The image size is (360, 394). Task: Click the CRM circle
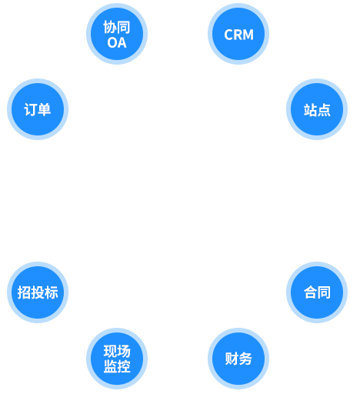[238, 34]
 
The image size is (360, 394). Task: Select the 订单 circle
[38, 109]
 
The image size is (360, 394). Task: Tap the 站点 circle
[317, 109]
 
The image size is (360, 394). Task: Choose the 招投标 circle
[38, 292]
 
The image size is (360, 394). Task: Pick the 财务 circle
[238, 359]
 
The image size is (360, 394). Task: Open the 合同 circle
[317, 292]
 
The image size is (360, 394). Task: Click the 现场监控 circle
[117, 359]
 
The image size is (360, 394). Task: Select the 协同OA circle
[117, 34]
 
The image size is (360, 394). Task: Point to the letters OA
[117, 43]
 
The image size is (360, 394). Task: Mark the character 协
[110, 27]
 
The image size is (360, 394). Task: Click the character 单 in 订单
[45, 110]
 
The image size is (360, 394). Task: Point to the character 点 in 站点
[324, 110]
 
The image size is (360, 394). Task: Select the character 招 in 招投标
[24, 292]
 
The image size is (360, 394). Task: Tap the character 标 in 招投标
[52, 292]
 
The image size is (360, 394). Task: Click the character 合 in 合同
[310, 292]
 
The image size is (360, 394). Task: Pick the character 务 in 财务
[245, 359]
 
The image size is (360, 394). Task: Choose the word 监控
[117, 366]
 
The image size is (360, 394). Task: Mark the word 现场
[117, 351]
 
